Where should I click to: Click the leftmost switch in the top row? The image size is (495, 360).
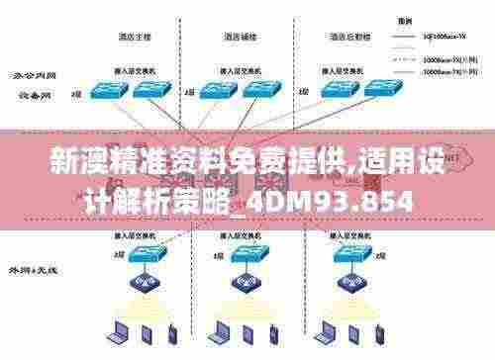103,90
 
